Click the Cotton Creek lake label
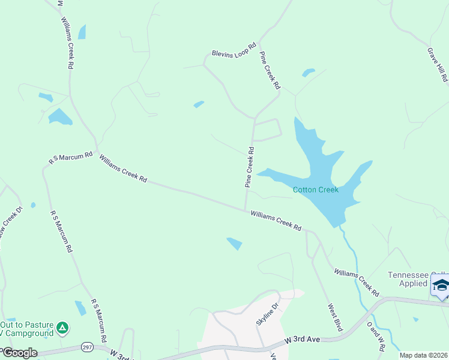[315, 190]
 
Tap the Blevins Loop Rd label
[234, 50]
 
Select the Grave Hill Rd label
[436, 65]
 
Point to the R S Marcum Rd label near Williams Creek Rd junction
[71, 158]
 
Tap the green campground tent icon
[62, 328]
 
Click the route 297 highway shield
[88, 347]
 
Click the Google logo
[19, 353]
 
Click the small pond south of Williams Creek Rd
[234, 243]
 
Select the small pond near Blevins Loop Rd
[199, 104]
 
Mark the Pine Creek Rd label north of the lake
[270, 70]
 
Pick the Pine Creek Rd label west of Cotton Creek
[249, 168]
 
